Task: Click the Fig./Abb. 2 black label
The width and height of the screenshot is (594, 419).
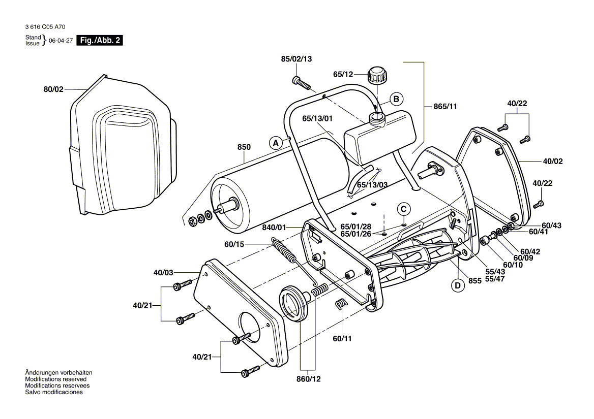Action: [x=99, y=41]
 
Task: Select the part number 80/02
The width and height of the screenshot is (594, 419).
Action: [x=53, y=89]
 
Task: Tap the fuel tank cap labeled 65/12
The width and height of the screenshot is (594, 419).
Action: [x=377, y=77]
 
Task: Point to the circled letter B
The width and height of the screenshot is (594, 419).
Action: [x=397, y=99]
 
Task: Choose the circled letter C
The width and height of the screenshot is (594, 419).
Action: [x=403, y=208]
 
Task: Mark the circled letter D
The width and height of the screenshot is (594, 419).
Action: [x=458, y=285]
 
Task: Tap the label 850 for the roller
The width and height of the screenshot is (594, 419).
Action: [x=244, y=147]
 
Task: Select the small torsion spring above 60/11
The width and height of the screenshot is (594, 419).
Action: [x=340, y=304]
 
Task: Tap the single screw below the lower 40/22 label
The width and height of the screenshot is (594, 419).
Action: [x=540, y=204]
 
